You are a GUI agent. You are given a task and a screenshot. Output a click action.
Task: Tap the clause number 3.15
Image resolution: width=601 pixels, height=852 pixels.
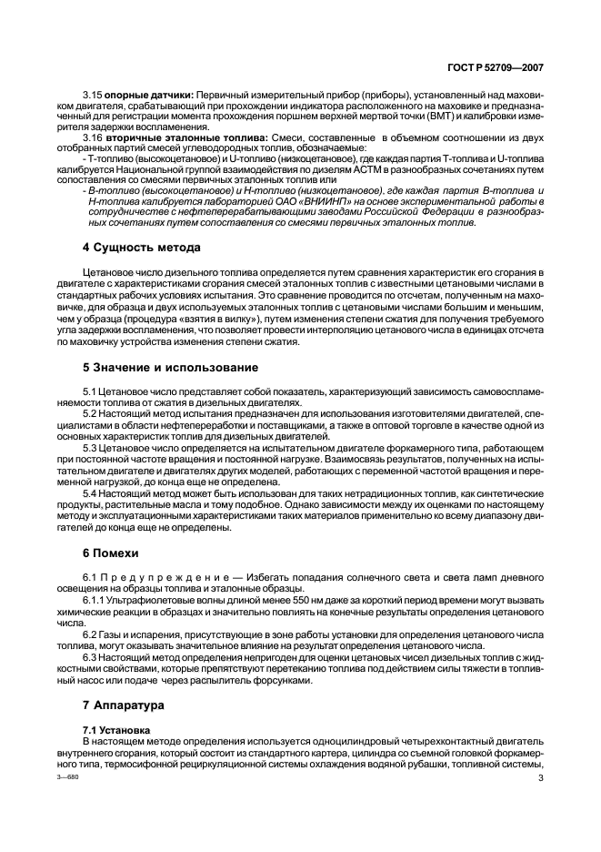[x=93, y=94]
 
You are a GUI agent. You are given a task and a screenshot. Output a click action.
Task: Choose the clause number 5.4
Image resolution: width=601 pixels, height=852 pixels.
[x=93, y=492]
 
